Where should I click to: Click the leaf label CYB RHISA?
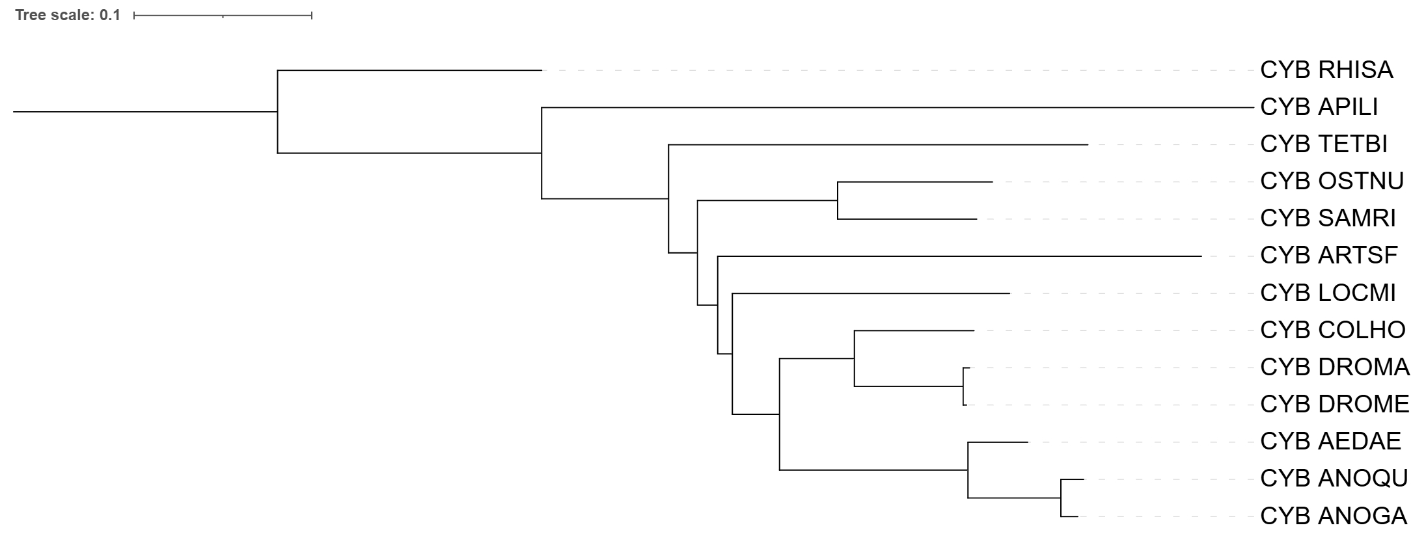point(1326,70)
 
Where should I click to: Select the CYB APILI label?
point(1319,107)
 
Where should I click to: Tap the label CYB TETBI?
point(1324,144)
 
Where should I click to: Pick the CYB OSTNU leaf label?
point(1332,181)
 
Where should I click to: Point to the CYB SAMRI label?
point(1328,218)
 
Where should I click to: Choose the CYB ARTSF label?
point(1329,255)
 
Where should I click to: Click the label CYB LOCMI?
point(1328,293)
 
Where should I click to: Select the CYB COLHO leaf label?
point(1333,330)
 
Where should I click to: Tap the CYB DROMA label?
point(1335,367)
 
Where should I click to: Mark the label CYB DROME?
point(1335,404)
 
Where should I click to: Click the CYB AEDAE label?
point(1330,441)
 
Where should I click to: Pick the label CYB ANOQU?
point(1334,478)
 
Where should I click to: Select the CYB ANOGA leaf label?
point(1334,516)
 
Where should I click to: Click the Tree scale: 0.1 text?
point(68,15)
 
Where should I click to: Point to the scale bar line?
point(223,15)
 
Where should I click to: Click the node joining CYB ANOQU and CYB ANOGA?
point(1061,498)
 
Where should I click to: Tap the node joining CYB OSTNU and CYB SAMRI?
point(838,200)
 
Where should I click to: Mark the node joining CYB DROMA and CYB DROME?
point(963,386)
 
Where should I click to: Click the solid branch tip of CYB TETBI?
point(1088,144)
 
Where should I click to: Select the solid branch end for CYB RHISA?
point(542,70)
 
